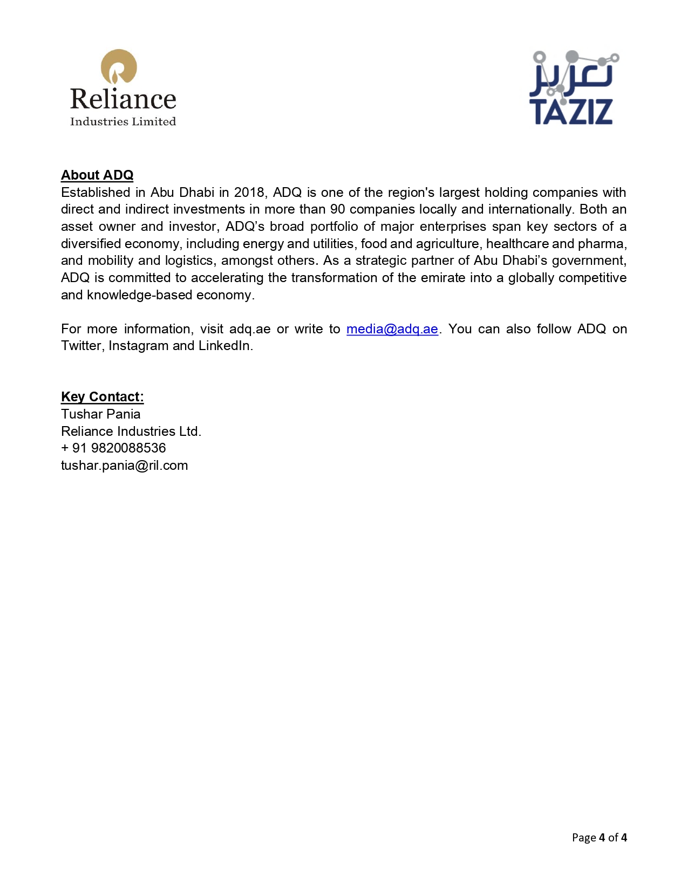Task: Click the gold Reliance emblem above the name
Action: coord(119,67)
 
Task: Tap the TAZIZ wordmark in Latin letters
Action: coord(571,112)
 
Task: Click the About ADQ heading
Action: coord(97,175)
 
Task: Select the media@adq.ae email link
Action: coord(392,329)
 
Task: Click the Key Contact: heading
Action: coord(103,397)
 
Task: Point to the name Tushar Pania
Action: coord(101,414)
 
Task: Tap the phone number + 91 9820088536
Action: coord(113,448)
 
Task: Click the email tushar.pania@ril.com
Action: coord(125,465)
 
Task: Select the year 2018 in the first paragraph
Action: coord(249,193)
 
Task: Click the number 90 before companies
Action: coord(337,209)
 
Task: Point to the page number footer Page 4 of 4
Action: coord(599,838)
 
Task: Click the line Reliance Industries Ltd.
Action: coord(131,432)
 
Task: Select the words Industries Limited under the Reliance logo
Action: coord(123,121)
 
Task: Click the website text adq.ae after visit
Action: coord(250,329)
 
